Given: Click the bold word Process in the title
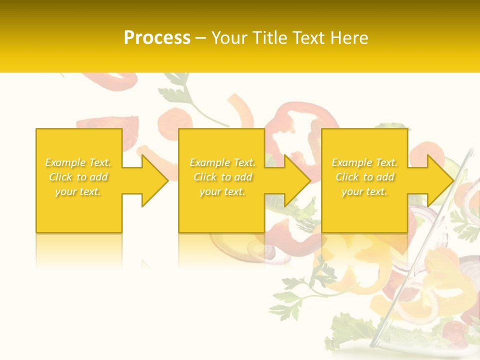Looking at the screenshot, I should click(x=157, y=38).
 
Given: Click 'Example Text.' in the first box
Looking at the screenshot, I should click(x=78, y=162).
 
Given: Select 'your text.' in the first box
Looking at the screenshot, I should click(x=78, y=191).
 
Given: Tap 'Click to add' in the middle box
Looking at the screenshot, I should click(x=222, y=177).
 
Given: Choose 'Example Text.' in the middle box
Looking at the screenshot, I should click(x=222, y=162).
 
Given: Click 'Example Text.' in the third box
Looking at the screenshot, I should click(x=364, y=162).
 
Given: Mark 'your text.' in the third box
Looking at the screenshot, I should click(x=364, y=191).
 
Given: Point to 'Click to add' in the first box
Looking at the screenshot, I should click(x=78, y=177).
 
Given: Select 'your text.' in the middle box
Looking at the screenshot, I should click(x=222, y=191).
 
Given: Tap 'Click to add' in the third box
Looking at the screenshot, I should click(x=364, y=177).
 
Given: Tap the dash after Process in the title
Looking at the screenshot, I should click(x=200, y=38).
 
